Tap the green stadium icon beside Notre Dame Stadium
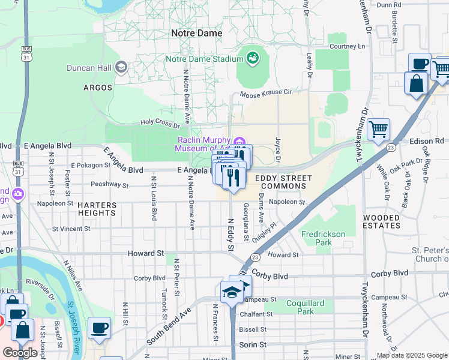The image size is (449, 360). [252, 58]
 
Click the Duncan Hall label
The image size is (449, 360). [89, 67]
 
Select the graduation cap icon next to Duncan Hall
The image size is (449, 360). [122, 67]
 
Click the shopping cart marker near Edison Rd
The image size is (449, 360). [378, 129]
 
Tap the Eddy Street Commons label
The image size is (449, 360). [283, 182]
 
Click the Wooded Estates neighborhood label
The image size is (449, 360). [381, 221]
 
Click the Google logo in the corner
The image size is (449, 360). [20, 353]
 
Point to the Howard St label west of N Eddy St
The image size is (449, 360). [146, 254]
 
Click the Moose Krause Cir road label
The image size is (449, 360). [265, 93]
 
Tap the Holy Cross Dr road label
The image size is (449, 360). [160, 124]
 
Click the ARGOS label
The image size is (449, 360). [98, 88]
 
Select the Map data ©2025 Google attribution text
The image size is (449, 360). [411, 355]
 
